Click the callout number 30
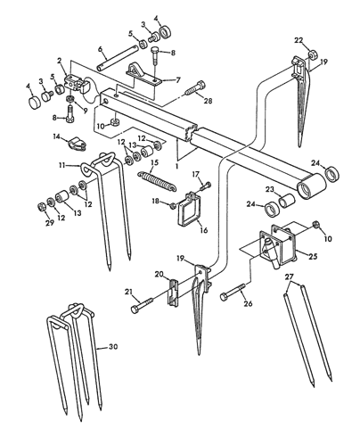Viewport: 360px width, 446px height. pos(113,347)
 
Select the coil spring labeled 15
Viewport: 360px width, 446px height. pos(158,181)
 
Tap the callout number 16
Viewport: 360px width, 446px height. pos(204,230)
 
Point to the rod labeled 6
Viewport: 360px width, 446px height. pos(118,57)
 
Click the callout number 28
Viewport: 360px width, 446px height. pos(208,101)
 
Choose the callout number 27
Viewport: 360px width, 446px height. pos(289,277)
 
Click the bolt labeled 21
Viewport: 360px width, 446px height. pos(142,305)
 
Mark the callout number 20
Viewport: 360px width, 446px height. pos(159,274)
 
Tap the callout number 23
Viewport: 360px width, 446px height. pos(269,189)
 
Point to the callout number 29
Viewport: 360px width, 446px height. pos(50,222)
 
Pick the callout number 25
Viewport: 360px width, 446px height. pos(313,256)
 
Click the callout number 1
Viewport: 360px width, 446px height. pos(177,167)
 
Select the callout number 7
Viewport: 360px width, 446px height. pos(178,80)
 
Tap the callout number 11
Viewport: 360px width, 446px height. pos(61,165)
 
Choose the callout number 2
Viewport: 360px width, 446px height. pos(60,61)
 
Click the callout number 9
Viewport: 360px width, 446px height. pos(86,111)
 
